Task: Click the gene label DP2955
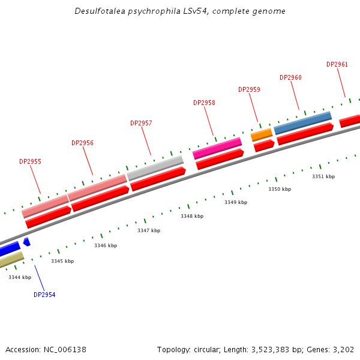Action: tap(30, 161)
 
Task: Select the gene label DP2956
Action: tap(82, 143)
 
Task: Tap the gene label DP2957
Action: tap(141, 123)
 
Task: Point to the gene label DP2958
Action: tap(204, 103)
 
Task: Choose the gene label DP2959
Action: tap(249, 89)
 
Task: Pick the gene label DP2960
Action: tap(290, 77)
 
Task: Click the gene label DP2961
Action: tap(337, 64)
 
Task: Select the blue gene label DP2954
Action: tap(44, 295)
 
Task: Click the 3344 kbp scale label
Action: tap(20, 277)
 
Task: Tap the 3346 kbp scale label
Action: tap(106, 245)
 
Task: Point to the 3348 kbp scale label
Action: tap(192, 216)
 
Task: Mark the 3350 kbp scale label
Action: tap(280, 189)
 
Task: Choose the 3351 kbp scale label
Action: tap(323, 176)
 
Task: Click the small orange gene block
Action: tap(261, 134)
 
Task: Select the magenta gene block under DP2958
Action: tap(217, 148)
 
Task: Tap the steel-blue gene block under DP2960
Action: tap(302, 122)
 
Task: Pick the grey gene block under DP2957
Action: tap(155, 167)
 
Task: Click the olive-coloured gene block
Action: tap(11, 260)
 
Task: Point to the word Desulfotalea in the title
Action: tap(100, 11)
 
